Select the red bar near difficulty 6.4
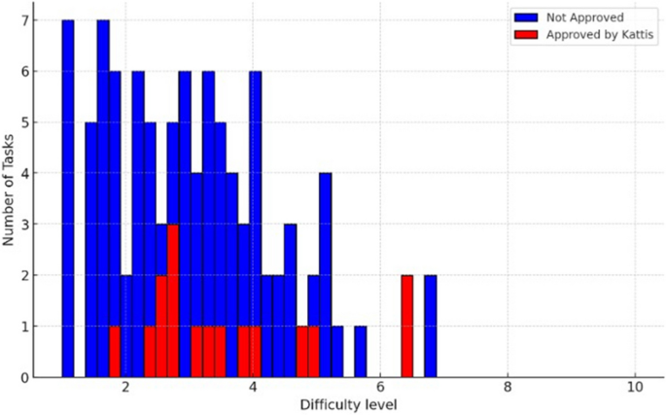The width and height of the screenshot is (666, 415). (x=406, y=326)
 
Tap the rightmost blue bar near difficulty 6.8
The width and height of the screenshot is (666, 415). (x=430, y=326)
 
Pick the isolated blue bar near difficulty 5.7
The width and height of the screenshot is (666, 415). (x=361, y=351)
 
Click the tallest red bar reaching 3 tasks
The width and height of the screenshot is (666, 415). (x=173, y=300)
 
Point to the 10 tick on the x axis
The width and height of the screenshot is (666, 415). (x=634, y=387)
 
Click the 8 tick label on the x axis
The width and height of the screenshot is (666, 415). (x=507, y=387)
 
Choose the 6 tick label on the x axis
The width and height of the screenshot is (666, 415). (x=379, y=387)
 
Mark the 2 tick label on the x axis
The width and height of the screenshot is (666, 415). (x=126, y=387)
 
